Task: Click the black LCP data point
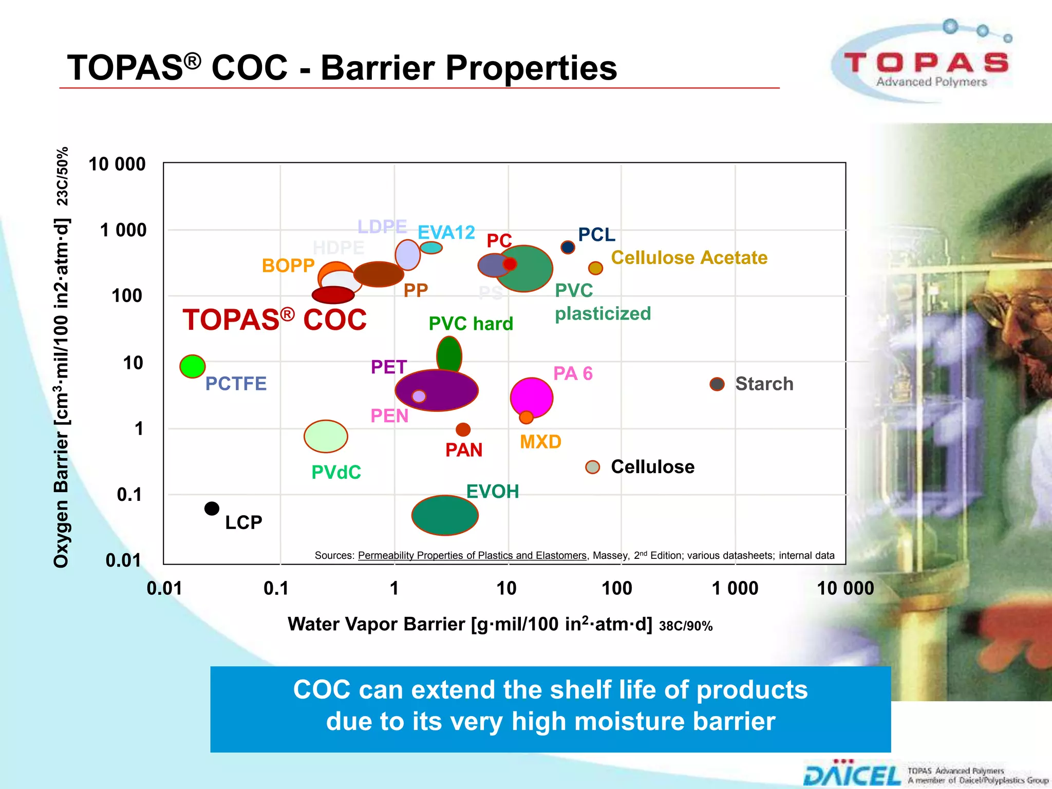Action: coord(212,509)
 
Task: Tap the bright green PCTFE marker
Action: coord(193,366)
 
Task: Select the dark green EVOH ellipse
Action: coord(445,515)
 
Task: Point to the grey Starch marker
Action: coord(717,384)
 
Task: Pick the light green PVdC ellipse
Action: coord(326,436)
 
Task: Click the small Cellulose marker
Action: coord(593,467)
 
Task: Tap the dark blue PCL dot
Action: coord(568,247)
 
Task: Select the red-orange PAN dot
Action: coord(463,429)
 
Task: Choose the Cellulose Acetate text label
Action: coord(689,257)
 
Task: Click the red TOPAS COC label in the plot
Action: coord(274,320)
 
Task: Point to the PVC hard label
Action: coord(471,324)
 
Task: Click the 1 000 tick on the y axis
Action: coord(123,230)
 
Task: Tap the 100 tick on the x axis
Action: coord(617,588)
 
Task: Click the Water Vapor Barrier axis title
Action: coord(469,624)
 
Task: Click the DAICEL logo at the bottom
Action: coord(852,775)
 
